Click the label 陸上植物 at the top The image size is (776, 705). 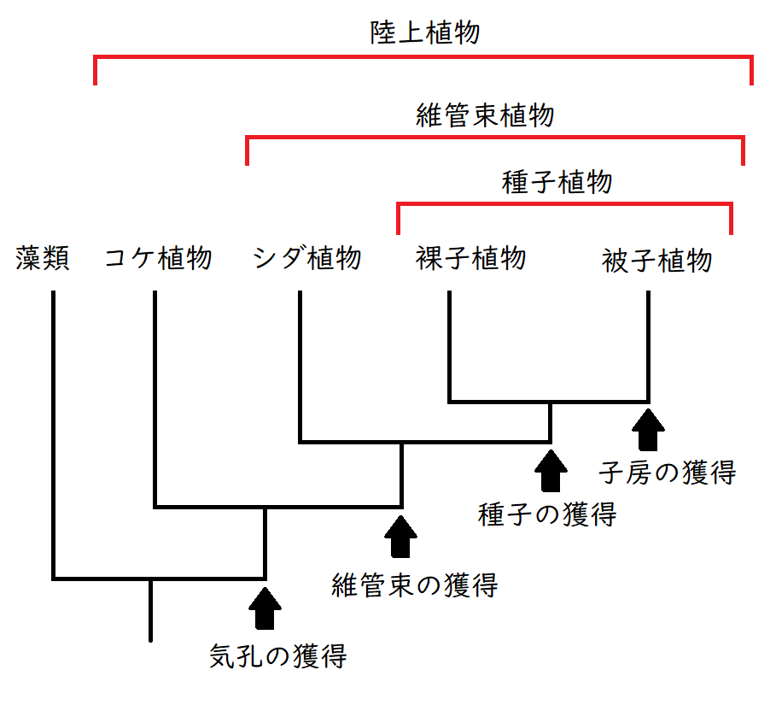pos(425,33)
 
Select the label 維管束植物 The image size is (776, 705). pos(486,115)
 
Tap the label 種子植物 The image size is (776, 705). pos(557,182)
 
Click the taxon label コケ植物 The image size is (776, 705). pos(158,258)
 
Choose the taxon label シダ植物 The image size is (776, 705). pos(307,258)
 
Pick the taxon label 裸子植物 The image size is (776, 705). pos(471,258)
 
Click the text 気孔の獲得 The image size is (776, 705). pos(278,657)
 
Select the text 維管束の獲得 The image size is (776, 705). pos(414,585)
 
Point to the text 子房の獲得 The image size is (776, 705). pos(667,472)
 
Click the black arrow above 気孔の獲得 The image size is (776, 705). pos(265,608)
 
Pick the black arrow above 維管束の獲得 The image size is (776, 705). pos(400,536)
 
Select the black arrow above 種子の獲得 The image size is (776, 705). pos(550,470)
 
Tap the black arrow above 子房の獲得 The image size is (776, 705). pos(650,429)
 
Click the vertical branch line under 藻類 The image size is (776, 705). pos(54,427)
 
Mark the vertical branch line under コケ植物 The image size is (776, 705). pos(155,393)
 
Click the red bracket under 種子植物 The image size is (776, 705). pos(564,204)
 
